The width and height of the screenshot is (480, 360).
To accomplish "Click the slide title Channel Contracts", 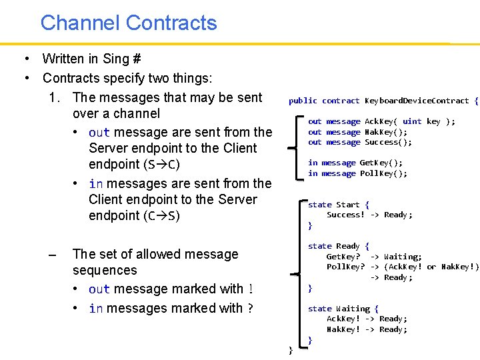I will (129, 23).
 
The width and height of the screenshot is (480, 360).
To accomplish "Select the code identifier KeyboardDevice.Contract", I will (417, 101).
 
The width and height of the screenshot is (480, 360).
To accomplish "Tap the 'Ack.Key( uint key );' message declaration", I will (410, 121).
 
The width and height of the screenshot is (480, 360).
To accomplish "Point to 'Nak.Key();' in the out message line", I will (386, 132).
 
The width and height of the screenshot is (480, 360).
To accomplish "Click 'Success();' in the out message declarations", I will (388, 142).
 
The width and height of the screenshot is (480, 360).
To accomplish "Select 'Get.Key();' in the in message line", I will (381, 163).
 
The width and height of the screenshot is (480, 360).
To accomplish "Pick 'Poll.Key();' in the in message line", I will (383, 173).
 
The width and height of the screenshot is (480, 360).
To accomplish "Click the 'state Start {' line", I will (338, 205).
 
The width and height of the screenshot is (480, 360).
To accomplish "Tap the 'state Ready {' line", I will (338, 246).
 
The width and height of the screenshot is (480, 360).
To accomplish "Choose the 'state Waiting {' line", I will (343, 309).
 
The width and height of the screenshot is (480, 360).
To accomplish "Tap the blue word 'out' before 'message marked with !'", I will (99, 289).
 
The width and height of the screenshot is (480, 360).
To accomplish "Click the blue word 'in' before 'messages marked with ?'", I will (95, 309).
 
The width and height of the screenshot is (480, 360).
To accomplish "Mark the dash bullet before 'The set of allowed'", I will (53, 255).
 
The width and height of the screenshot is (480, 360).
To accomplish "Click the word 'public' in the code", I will (303, 101).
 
